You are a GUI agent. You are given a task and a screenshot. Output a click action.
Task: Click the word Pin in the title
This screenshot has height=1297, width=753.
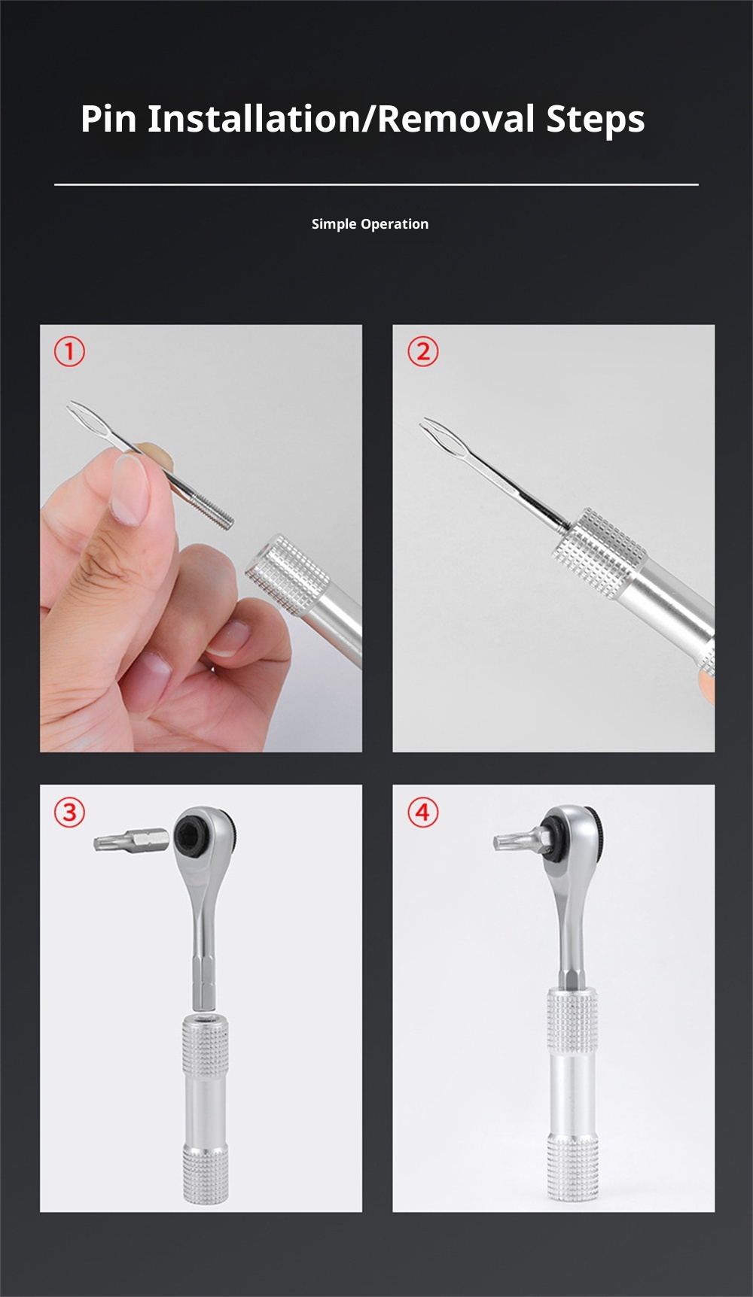(108, 119)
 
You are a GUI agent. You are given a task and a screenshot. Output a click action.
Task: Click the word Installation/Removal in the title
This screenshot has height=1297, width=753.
(342, 119)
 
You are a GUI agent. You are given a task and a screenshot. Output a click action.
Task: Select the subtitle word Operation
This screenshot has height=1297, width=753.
(395, 224)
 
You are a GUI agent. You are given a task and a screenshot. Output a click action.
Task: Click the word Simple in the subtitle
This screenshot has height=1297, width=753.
(334, 224)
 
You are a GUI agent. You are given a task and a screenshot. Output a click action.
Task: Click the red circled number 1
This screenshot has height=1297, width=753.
(69, 351)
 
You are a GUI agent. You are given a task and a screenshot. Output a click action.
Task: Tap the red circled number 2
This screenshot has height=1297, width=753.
(423, 351)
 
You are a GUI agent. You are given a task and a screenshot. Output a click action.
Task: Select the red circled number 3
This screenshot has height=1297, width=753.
(69, 812)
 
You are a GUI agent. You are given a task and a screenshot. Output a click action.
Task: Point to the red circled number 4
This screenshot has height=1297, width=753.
(423, 812)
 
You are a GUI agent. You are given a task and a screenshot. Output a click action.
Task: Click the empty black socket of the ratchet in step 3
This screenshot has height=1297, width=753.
(189, 834)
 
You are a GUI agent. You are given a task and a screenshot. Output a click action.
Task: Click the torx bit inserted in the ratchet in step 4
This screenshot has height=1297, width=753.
(520, 839)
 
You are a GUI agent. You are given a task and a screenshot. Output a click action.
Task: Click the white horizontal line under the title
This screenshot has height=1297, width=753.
(376, 184)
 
